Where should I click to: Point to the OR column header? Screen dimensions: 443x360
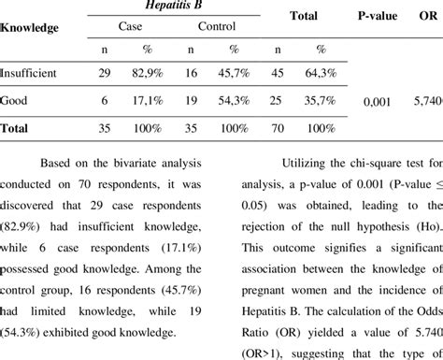(x=425, y=16)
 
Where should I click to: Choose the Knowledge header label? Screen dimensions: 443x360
(x=29, y=28)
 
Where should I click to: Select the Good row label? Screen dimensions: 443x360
(x=13, y=98)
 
